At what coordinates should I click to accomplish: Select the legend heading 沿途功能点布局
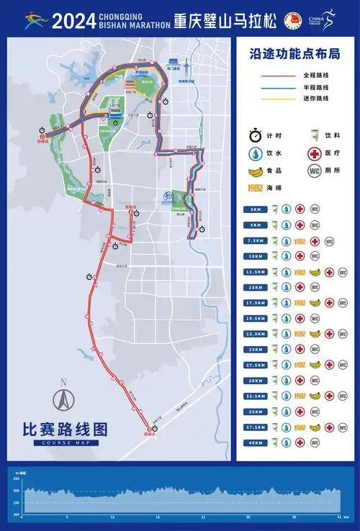click(294, 55)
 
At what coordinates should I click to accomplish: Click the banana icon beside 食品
click(255, 171)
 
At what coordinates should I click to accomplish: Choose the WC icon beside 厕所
click(314, 171)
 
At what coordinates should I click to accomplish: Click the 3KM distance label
click(255, 209)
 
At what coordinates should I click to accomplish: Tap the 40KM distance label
click(255, 442)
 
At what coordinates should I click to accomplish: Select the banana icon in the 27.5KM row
click(314, 365)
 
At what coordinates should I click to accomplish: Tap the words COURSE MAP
click(65, 442)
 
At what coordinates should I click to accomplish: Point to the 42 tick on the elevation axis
click(339, 517)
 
